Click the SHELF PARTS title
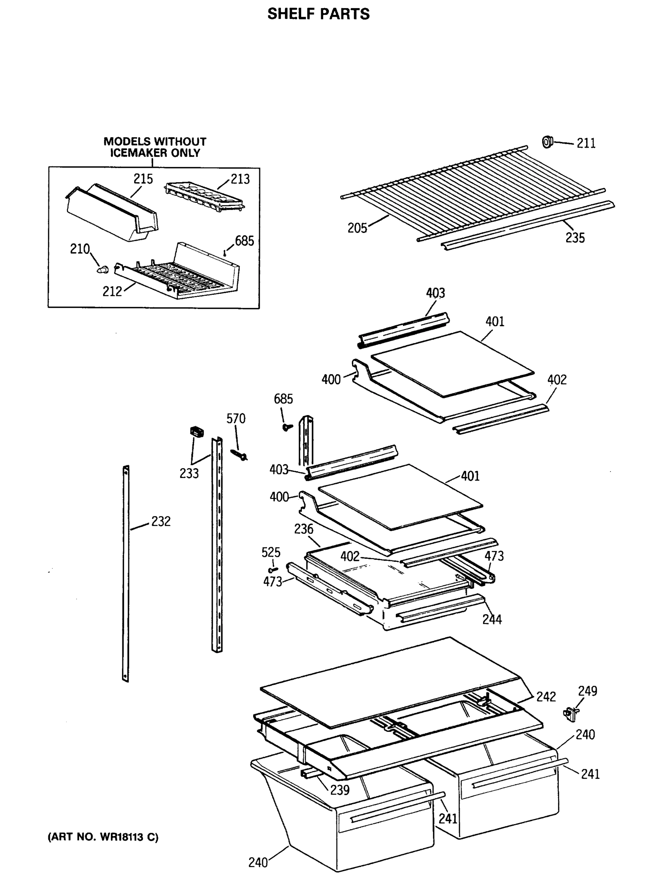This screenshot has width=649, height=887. click(x=318, y=14)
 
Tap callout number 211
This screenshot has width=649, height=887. click(x=586, y=143)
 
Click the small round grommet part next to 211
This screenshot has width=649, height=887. click(x=547, y=142)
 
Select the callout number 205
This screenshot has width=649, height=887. click(x=357, y=228)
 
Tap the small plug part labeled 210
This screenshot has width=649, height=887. click(x=103, y=270)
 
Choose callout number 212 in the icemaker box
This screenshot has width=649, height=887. click(x=112, y=292)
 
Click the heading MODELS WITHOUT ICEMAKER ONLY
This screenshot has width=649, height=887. click(x=155, y=147)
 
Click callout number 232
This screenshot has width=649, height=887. click(x=161, y=522)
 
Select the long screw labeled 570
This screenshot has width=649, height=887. click(x=239, y=455)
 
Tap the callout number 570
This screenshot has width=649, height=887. click(x=236, y=419)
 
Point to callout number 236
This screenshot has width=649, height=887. click(x=304, y=529)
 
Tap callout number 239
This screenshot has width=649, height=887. click(x=339, y=789)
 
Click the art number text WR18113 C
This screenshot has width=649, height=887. click(x=103, y=837)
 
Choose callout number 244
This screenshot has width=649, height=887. click(x=492, y=619)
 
